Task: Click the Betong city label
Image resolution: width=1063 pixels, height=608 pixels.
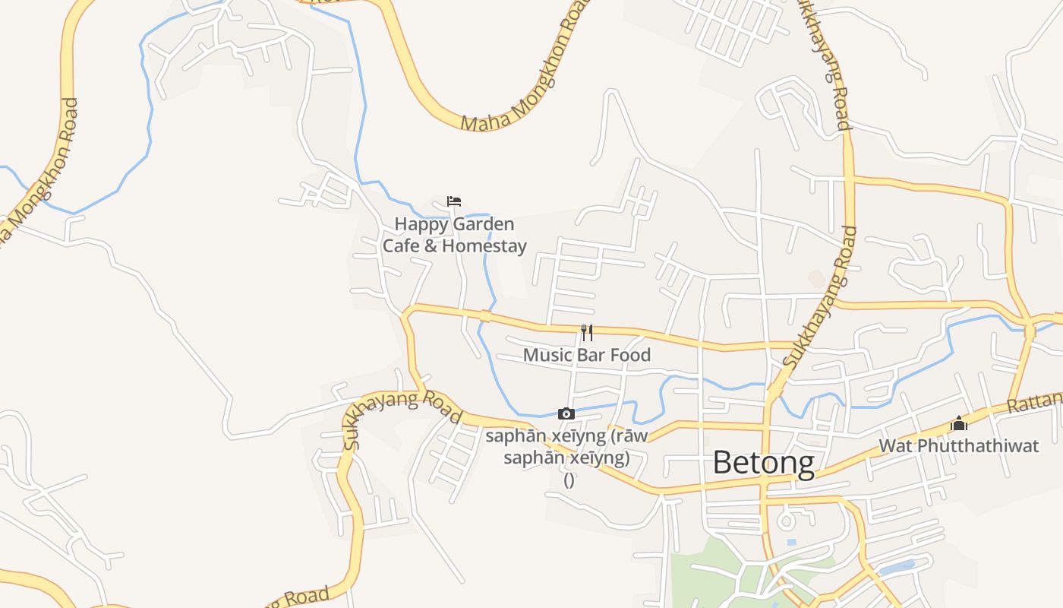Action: pos(764,463)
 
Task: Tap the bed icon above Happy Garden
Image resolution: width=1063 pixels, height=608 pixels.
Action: pos(454,201)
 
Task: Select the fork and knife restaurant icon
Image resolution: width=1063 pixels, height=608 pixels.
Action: pos(586,333)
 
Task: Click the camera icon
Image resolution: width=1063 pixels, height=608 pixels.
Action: pos(566,413)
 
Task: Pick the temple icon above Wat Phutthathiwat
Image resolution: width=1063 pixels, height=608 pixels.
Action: pos(959,423)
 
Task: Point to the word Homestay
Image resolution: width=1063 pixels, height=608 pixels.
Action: pos(484,245)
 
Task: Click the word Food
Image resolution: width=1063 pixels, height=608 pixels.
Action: pos(630,355)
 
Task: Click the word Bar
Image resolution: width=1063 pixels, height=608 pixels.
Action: pos(593,355)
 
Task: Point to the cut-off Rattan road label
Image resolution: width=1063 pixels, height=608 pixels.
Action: pos(1035,402)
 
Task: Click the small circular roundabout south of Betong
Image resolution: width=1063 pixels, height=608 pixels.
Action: pos(785,522)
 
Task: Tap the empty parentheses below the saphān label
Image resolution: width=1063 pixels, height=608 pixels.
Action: pos(569,480)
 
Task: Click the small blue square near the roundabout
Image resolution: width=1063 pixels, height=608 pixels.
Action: pos(792,542)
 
